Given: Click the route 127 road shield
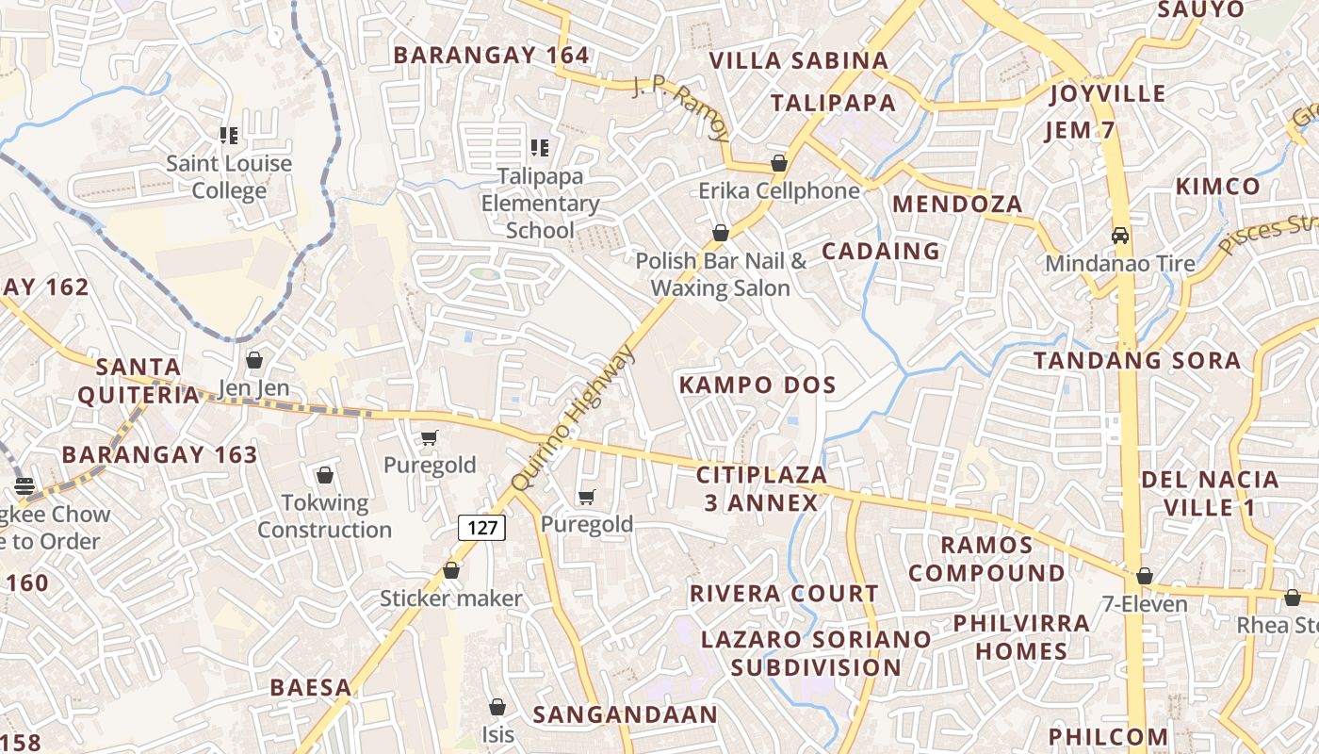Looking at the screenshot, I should (x=482, y=527).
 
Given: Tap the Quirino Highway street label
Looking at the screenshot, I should (x=573, y=418).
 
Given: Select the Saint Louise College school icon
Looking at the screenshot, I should (x=228, y=136).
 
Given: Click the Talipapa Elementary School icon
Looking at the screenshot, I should (x=539, y=147).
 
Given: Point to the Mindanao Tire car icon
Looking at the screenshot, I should (x=1120, y=235).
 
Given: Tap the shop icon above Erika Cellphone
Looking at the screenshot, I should (x=779, y=163).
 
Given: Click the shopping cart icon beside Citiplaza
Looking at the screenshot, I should (x=587, y=497).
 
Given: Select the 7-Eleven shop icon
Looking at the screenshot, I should (x=1145, y=576).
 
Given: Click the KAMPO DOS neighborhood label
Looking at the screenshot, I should (x=757, y=385).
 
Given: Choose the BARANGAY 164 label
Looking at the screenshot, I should (x=491, y=55).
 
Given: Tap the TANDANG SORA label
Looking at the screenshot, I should (x=1136, y=360).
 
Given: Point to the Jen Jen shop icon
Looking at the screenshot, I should (x=253, y=360).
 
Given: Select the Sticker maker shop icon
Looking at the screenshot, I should (x=451, y=570).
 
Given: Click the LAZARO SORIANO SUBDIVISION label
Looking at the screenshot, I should (x=816, y=653).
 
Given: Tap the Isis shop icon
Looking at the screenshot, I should (x=497, y=706).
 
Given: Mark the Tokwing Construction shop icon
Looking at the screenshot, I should (x=325, y=475).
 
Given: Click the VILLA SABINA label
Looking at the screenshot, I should (x=798, y=60).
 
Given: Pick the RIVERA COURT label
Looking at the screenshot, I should (x=784, y=594).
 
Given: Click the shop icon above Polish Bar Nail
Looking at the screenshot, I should (x=721, y=232).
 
